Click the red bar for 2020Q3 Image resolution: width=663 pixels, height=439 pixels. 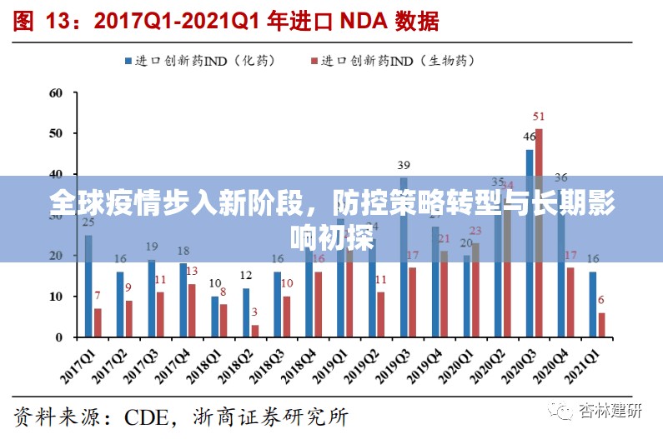[x=540, y=233]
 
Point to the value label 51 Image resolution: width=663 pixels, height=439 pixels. [x=539, y=117]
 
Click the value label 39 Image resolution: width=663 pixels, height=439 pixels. [x=404, y=165]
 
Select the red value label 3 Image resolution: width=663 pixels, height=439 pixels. [x=254, y=312]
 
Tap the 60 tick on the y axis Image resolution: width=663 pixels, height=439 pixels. [x=57, y=92]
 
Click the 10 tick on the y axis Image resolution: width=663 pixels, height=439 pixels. [x=57, y=297]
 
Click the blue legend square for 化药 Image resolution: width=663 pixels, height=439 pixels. [x=129, y=61]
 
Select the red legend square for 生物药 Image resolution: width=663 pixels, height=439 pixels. [x=314, y=61]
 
